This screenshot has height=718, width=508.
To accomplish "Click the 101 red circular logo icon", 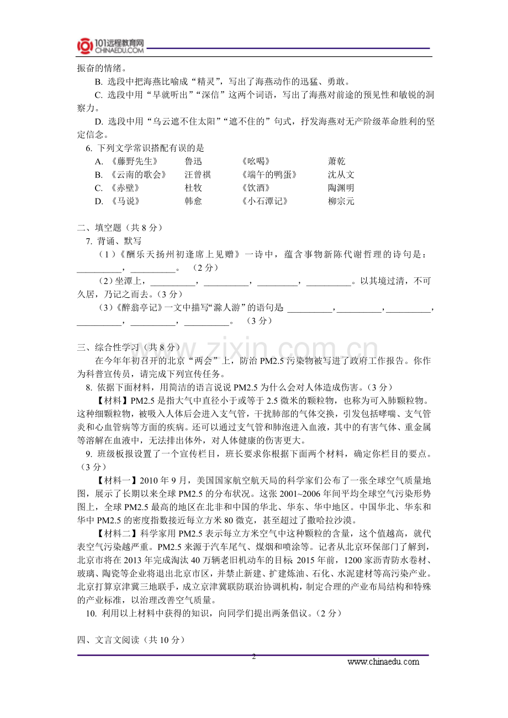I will [x=85, y=46].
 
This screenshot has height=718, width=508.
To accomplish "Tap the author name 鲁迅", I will [x=193, y=161].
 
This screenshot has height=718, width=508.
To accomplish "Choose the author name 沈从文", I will [x=341, y=175].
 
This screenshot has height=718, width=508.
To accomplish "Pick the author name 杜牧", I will [x=193, y=188].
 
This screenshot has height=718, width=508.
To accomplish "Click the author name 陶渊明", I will [x=341, y=188].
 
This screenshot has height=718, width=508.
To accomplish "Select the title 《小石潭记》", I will [x=264, y=201].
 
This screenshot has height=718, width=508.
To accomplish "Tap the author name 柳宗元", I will [x=341, y=201].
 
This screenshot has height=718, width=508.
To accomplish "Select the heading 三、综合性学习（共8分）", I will [x=128, y=347].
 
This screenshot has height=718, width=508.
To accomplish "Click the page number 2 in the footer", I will [x=254, y=657].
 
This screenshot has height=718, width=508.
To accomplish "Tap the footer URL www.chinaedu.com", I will [x=383, y=662].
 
